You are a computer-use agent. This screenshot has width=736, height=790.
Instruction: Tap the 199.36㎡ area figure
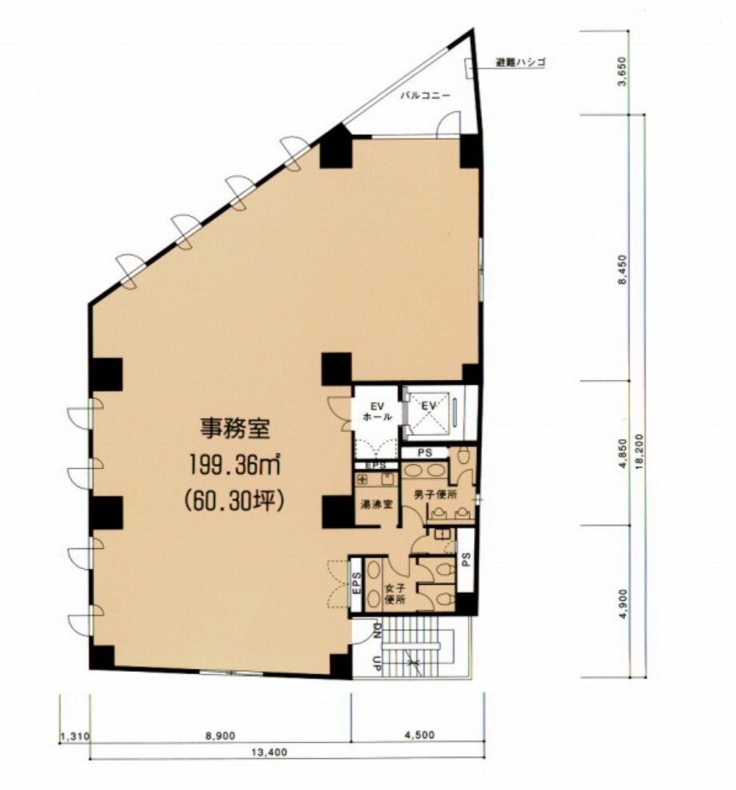click(x=235, y=466)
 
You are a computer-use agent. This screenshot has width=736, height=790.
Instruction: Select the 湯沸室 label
click(x=376, y=505)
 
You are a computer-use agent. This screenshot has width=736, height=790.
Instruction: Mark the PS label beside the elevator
click(x=425, y=453)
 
